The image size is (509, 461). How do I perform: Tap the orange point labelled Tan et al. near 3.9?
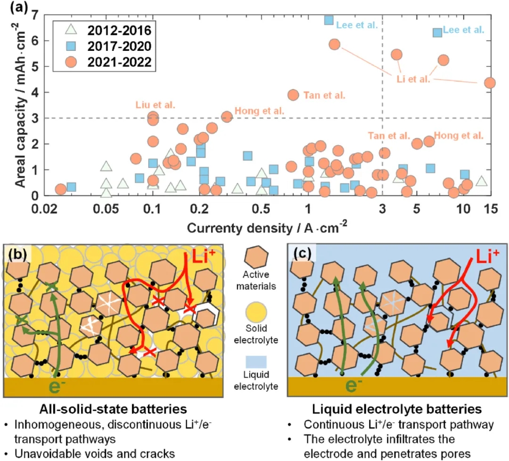tap(293, 95)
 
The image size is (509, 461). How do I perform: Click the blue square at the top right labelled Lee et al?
tap(437, 32)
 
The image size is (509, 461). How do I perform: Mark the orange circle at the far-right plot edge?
tap(490, 82)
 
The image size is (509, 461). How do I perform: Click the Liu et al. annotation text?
tap(155, 105)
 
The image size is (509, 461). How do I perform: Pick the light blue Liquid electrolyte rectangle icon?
tap(256, 362)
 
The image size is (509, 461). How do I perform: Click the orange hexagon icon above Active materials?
tap(256, 260)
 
